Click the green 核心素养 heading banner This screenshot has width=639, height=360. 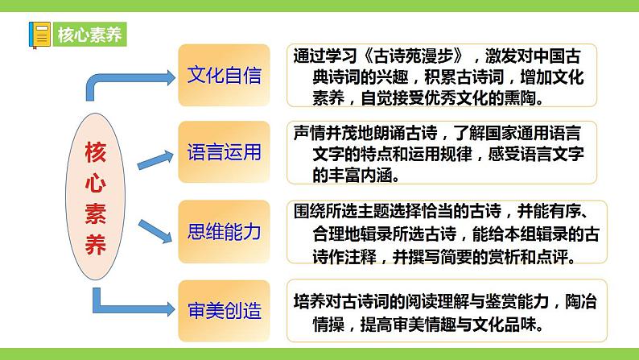[x=89, y=35]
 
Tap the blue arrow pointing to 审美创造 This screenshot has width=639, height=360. [x=129, y=306]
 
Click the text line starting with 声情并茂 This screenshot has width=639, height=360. [x=443, y=132]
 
